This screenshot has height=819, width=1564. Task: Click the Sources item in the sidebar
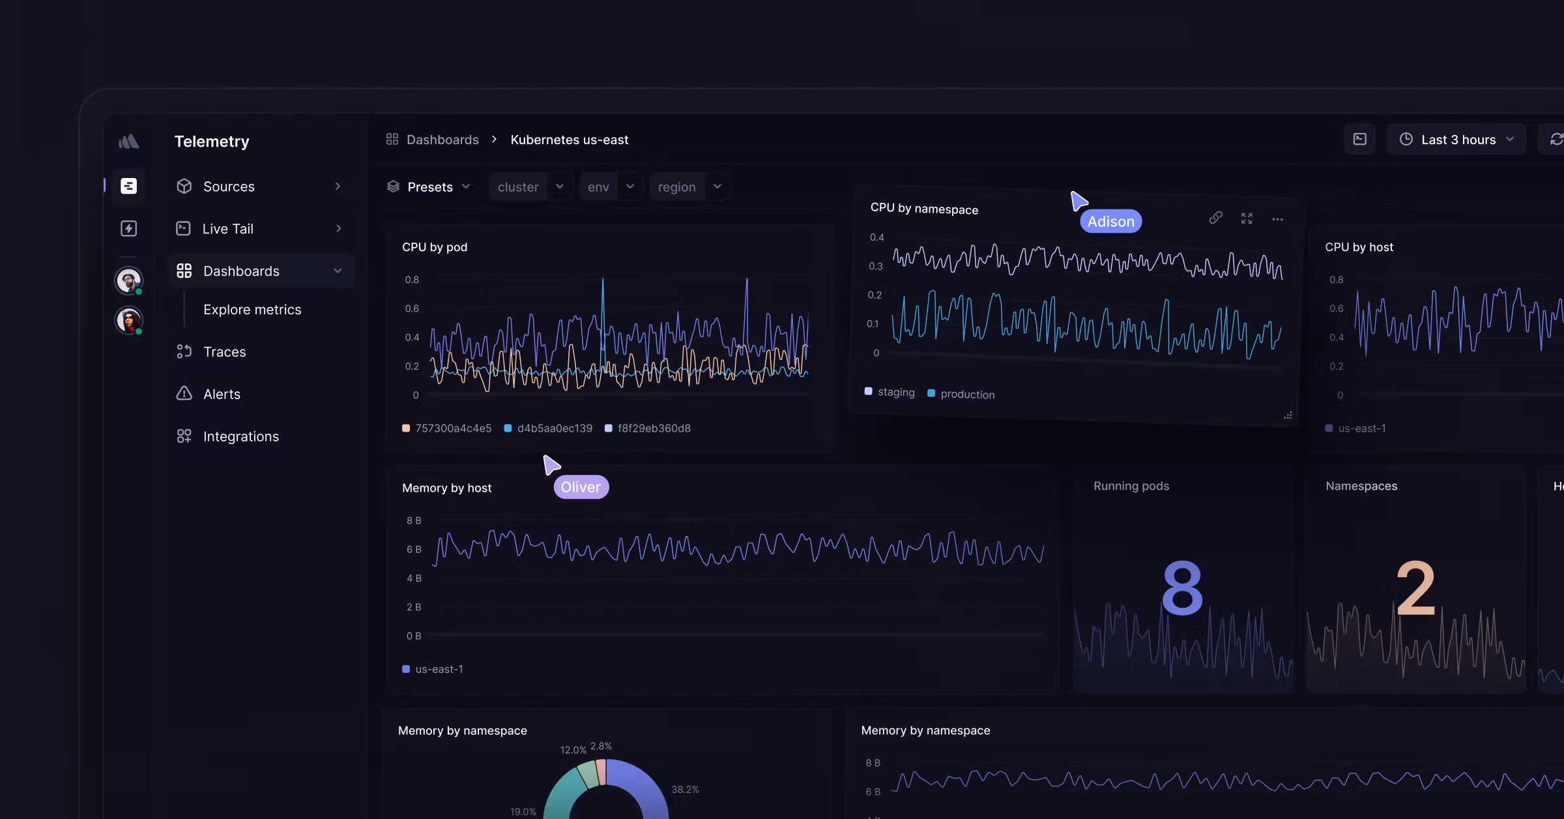click(x=229, y=186)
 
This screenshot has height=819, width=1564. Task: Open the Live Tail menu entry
click(x=227, y=229)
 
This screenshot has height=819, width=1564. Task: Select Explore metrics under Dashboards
click(x=252, y=310)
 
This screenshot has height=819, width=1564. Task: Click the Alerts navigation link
click(x=222, y=394)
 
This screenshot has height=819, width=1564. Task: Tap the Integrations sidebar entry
click(x=240, y=436)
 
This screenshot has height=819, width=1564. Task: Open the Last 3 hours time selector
click(x=1457, y=140)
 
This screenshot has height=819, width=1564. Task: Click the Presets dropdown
click(x=429, y=187)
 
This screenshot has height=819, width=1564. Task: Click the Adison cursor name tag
click(x=1110, y=222)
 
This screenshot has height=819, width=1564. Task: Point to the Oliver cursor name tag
click(x=581, y=487)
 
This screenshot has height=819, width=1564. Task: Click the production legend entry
click(x=967, y=395)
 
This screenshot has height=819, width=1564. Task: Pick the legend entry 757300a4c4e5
click(x=453, y=428)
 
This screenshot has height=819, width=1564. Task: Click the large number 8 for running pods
click(x=1182, y=588)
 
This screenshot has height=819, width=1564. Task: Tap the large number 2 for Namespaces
click(x=1415, y=588)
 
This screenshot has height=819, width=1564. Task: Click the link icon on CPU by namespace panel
click(x=1215, y=218)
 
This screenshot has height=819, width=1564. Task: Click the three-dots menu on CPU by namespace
click(x=1277, y=220)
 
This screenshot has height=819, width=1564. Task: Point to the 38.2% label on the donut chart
click(x=685, y=790)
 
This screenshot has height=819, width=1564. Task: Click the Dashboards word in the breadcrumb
click(x=442, y=140)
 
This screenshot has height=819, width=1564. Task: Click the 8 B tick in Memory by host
click(x=414, y=520)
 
